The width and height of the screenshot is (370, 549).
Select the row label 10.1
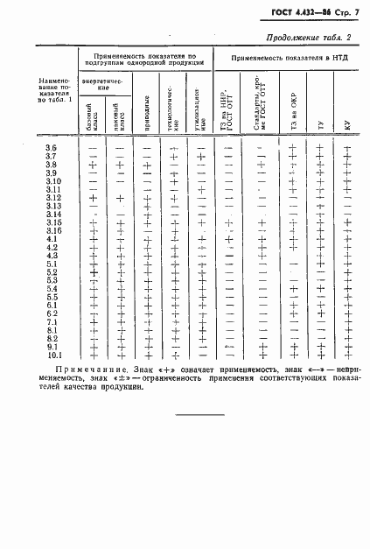[x=52, y=355]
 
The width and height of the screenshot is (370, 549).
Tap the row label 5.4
[x=52, y=288]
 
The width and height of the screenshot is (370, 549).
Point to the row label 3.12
[x=52, y=198]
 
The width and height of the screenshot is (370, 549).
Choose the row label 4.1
[x=52, y=239]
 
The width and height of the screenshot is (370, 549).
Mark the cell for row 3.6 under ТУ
[x=320, y=148]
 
